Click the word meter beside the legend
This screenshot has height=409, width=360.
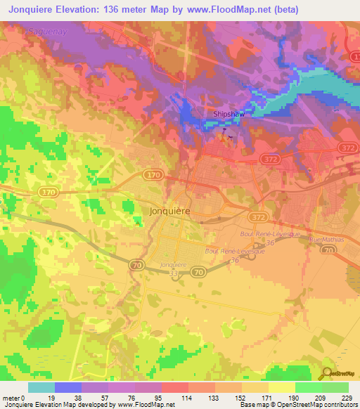coord(12,398)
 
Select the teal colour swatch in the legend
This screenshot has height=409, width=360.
coord(41,387)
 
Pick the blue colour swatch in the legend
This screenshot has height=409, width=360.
coord(68,387)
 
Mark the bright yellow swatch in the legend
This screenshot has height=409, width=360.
coord(281,387)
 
